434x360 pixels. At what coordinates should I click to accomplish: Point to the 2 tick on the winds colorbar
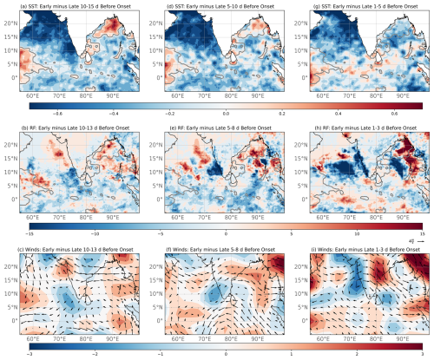coord(357,353)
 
